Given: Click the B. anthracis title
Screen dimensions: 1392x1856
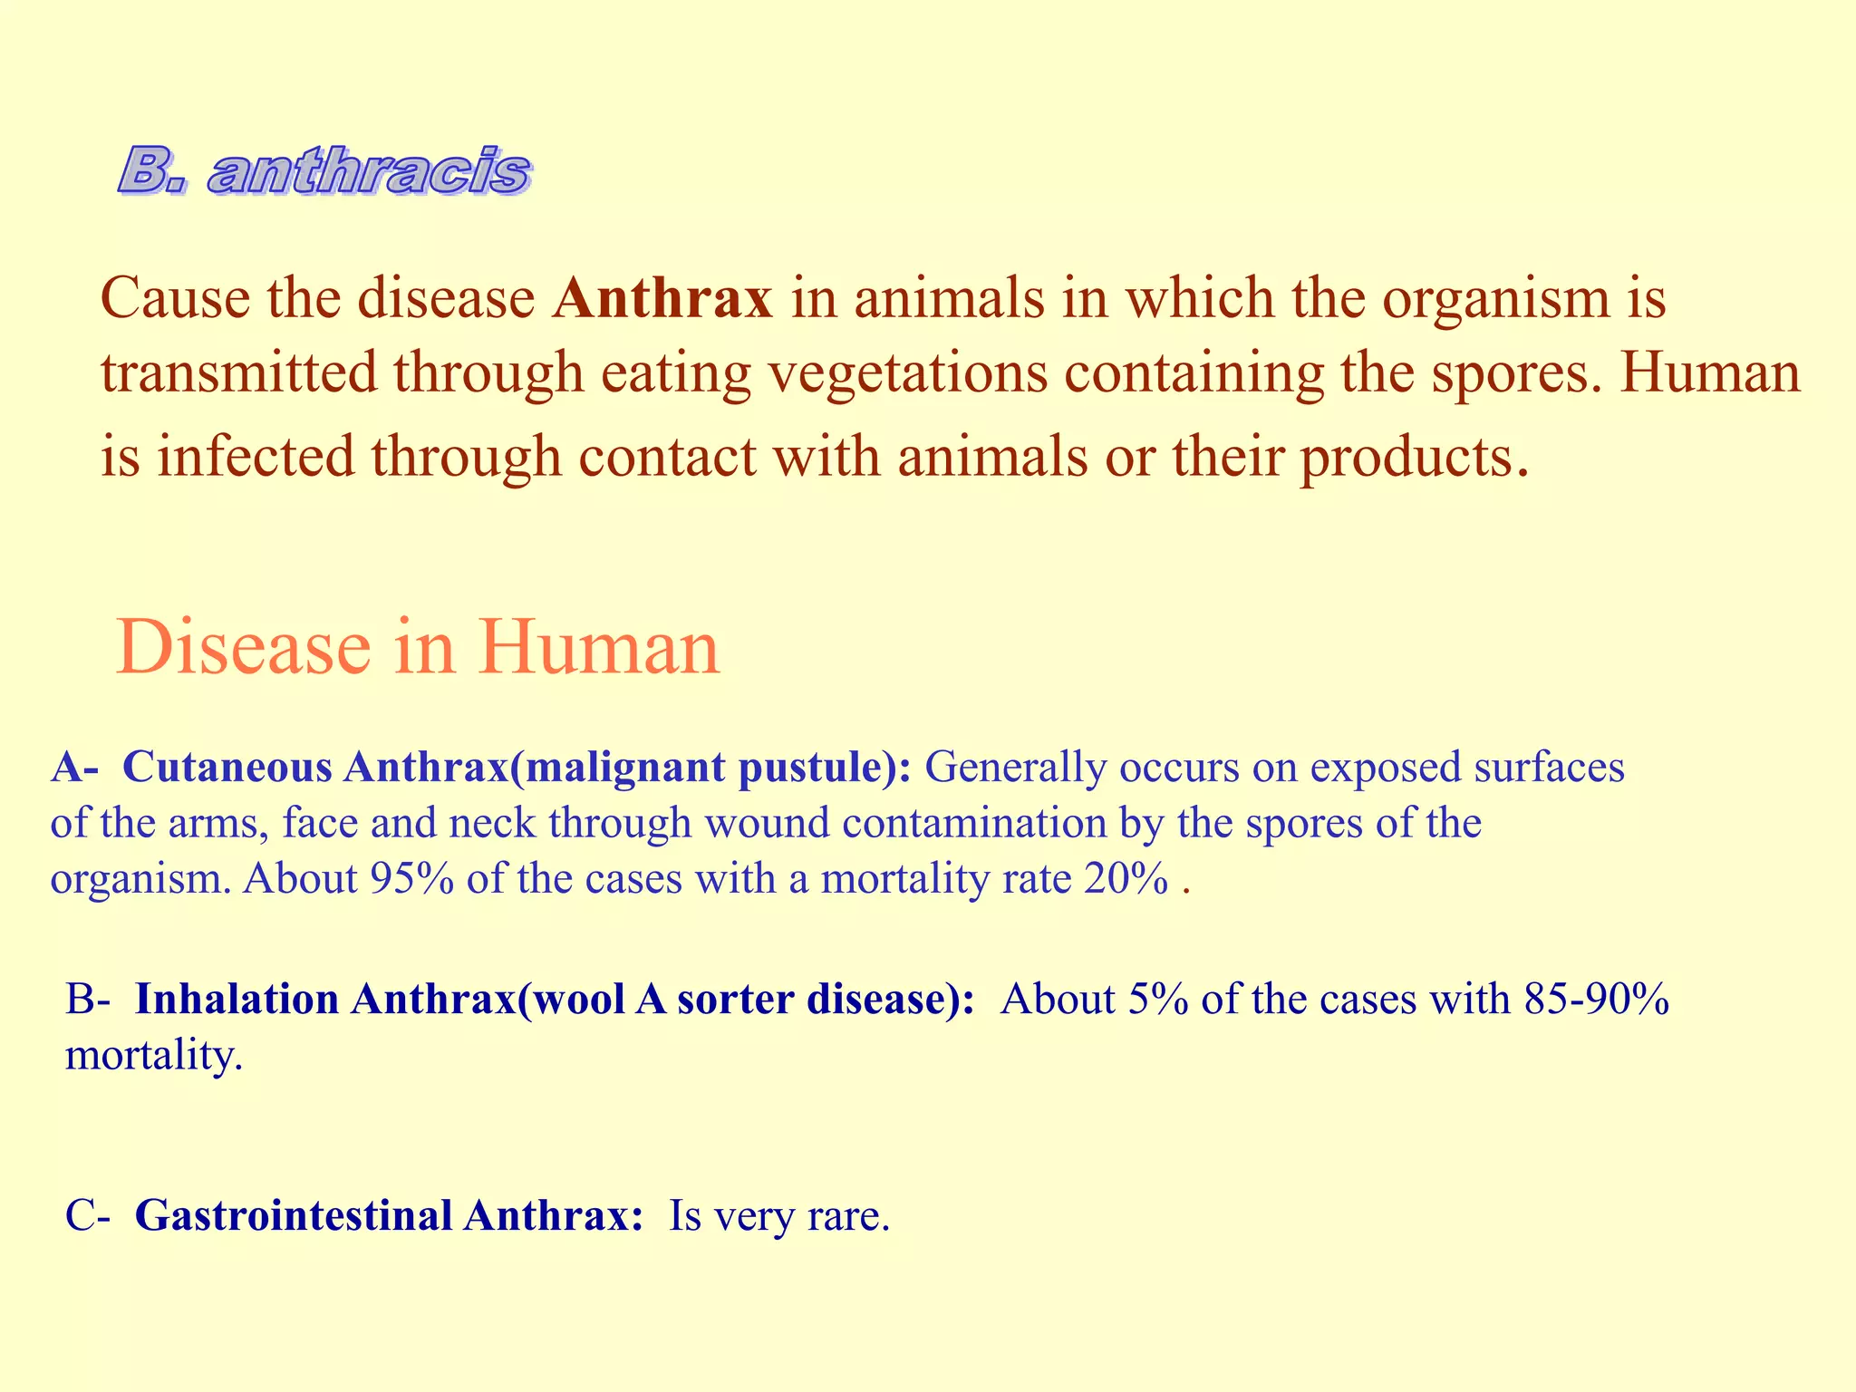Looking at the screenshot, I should [324, 171].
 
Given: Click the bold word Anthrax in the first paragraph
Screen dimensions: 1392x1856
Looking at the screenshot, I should [662, 298].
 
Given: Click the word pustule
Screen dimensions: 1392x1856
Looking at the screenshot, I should [816, 768].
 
